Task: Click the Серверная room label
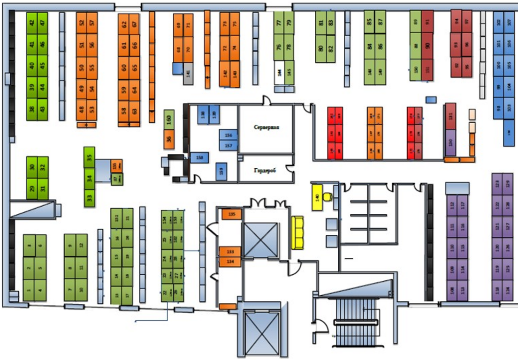click(266, 127)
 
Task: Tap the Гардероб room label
click(265, 171)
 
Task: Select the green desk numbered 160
click(169, 120)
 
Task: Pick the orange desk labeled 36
click(169, 139)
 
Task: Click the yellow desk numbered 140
click(317, 197)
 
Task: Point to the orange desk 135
click(231, 214)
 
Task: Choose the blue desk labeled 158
click(199, 158)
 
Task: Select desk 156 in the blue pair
click(229, 135)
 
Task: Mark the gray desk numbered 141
click(188, 73)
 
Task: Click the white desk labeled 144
click(279, 73)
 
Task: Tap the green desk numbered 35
click(89, 157)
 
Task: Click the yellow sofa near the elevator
click(298, 232)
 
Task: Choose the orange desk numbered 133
click(230, 252)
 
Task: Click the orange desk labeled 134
click(230, 262)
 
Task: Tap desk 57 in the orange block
click(92, 22)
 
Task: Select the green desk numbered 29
click(32, 189)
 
